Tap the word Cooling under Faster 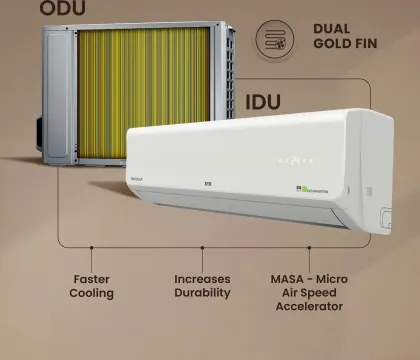pos(92,293)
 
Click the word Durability pos(203,293)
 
